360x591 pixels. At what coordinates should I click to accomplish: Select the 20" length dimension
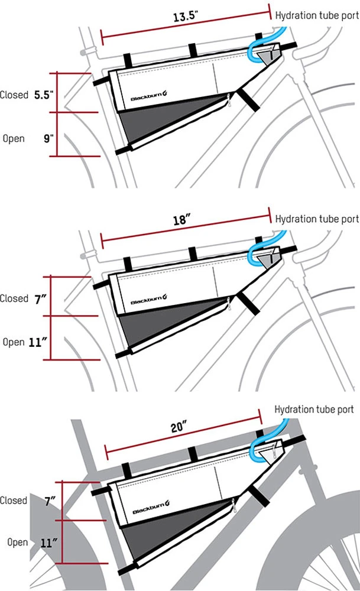pyautogui.click(x=180, y=426)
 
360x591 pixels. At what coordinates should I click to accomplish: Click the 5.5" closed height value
pyautogui.click(x=43, y=95)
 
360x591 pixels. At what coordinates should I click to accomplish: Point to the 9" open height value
pyautogui.click(x=48, y=138)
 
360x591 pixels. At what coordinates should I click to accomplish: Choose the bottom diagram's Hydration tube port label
pyautogui.click(x=314, y=409)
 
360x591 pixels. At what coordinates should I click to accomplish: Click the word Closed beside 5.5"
pyautogui.click(x=14, y=95)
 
